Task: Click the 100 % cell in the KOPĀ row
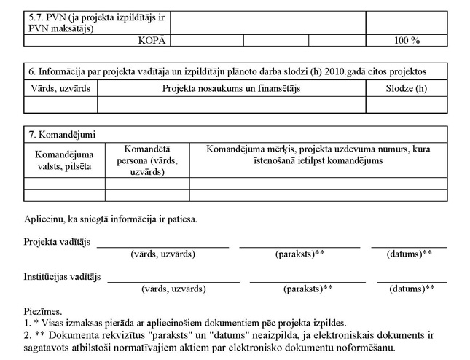(407, 41)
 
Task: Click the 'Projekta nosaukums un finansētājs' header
(232, 89)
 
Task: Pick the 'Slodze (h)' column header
(407, 89)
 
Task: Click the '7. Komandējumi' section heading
(62, 135)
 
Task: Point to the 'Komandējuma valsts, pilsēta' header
(64, 160)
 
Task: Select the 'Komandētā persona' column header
(147, 160)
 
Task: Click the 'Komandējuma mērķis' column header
(318, 154)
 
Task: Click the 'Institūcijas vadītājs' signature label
(63, 278)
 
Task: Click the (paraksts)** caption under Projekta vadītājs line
(299, 254)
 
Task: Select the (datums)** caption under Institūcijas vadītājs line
(412, 289)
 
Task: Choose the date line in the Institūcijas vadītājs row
(412, 281)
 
